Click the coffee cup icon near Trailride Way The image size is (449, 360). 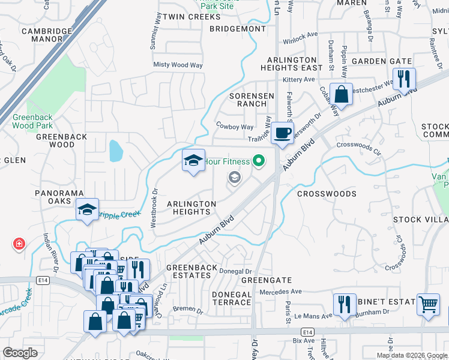282,132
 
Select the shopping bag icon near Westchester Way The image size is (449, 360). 341,94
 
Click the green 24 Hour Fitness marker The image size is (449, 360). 259,161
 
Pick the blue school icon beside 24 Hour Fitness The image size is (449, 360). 193,160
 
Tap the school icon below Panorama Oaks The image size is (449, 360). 87,209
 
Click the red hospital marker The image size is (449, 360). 19,244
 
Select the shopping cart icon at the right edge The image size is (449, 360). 427,304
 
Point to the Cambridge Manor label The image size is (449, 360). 42,35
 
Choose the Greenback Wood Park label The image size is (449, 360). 32,121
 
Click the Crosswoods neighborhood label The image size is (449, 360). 327,194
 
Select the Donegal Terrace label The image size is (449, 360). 232,298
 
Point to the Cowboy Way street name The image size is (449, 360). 235,127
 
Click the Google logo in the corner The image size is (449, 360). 20,353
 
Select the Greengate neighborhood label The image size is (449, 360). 266,280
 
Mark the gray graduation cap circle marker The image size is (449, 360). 234,177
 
